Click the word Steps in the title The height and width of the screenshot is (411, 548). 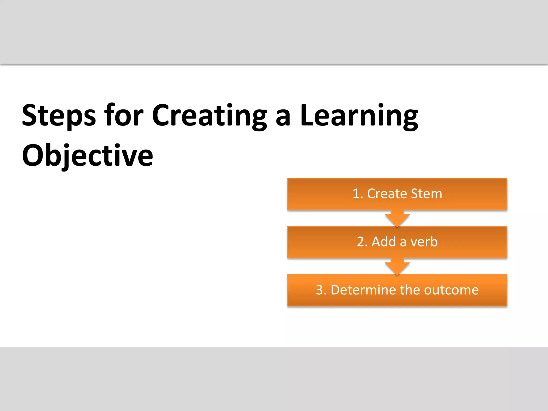pos(59,116)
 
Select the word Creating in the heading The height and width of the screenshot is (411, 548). pos(209,116)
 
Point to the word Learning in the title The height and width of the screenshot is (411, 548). pos(359,116)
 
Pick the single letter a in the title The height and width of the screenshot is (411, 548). pos(283,118)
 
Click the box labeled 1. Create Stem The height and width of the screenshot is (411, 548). pos(397,194)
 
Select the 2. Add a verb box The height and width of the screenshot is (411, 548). pos(397,242)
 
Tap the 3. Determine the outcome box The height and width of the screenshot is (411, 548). pos(397,290)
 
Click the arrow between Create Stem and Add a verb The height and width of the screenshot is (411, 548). pos(397,218)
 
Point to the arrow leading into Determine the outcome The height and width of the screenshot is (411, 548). pos(397,266)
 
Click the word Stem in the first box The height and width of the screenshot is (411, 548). pos(426,194)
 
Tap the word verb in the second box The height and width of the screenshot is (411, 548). pos(424,242)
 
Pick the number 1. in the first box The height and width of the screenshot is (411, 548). pos(358,194)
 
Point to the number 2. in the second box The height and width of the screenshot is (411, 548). pos(362,242)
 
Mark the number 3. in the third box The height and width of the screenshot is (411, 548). pos(321,290)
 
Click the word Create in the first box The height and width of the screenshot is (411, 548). pos(387,194)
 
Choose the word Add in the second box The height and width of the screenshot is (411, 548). pos(384,242)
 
